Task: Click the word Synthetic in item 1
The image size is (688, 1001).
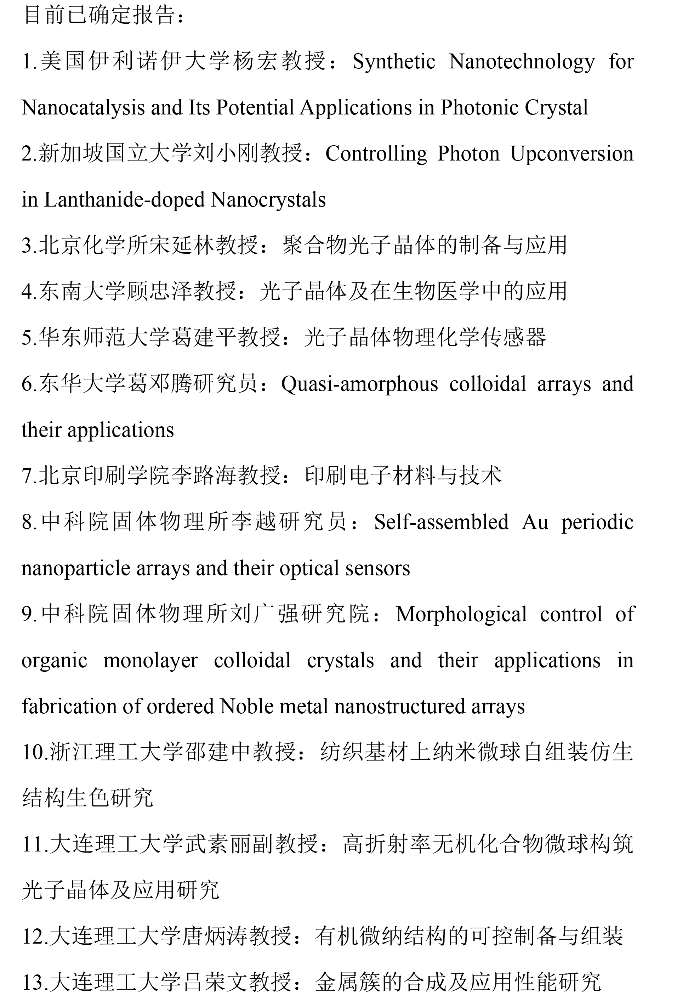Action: click(394, 62)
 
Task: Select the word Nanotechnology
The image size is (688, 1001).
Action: click(522, 62)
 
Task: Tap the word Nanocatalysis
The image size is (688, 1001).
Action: click(83, 108)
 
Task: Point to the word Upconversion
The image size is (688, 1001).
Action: click(572, 154)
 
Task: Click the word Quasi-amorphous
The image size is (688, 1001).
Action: click(359, 384)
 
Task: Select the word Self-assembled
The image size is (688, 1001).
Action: click(441, 522)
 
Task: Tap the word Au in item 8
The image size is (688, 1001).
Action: click(535, 522)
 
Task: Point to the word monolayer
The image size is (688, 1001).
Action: click(150, 661)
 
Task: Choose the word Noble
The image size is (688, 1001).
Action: click(244, 707)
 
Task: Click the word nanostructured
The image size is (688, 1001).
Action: click(399, 707)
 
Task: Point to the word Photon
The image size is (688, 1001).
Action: click(468, 154)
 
